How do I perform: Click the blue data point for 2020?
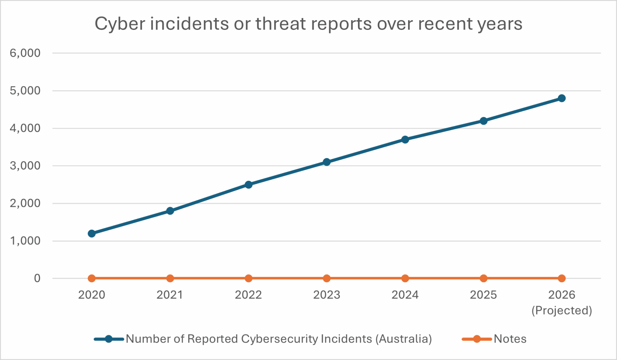tap(92, 233)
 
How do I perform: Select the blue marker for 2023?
tap(326, 162)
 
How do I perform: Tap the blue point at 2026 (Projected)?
tap(562, 98)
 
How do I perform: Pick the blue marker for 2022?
tap(248, 185)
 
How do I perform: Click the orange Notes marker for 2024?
tap(405, 278)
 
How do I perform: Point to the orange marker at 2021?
tap(170, 278)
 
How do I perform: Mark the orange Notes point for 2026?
tap(562, 278)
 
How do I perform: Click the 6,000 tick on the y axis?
tap(25, 53)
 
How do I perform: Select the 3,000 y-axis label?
tap(25, 166)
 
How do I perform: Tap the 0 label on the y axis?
tap(37, 278)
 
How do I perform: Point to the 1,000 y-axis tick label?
tap(25, 241)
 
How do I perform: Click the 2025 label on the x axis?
tap(483, 295)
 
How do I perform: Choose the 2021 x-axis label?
tap(170, 295)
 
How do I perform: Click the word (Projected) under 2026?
tap(562, 311)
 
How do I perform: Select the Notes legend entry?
tap(510, 339)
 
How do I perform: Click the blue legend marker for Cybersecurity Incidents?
tap(109, 339)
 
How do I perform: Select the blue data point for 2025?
tap(483, 121)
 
